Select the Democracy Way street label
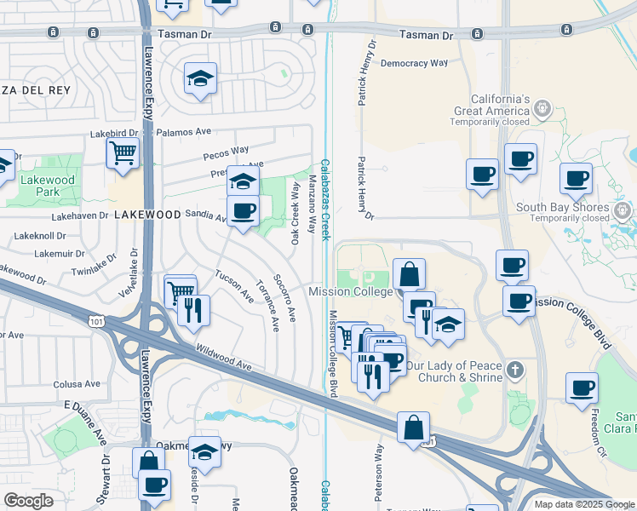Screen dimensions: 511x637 [414, 63]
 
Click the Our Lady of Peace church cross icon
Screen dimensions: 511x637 [514, 370]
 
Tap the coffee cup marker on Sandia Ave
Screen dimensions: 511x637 [243, 210]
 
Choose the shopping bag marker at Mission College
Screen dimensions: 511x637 [409, 274]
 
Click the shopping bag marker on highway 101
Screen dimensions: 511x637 [413, 428]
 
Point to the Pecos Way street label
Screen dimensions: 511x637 [226, 153]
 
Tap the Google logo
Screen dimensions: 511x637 [29, 500]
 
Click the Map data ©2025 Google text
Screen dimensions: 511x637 [583, 504]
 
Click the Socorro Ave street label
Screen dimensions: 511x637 [284, 296]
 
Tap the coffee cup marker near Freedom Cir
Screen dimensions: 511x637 [582, 388]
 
